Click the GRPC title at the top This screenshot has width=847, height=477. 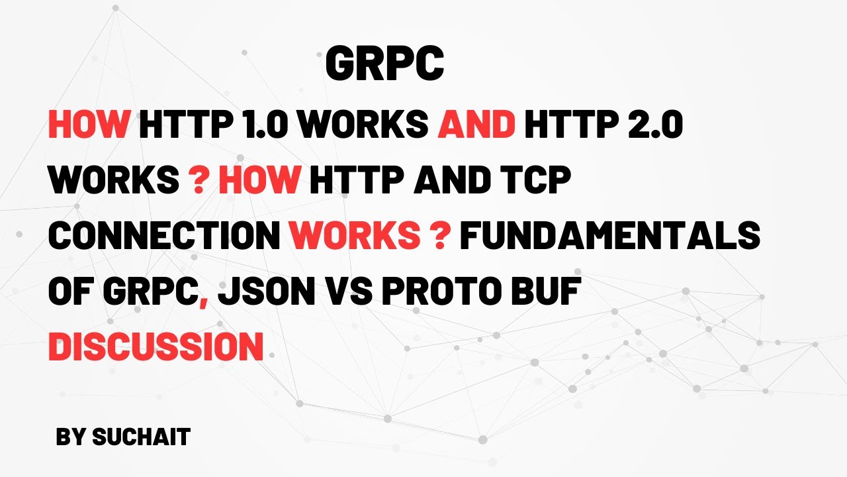click(384, 65)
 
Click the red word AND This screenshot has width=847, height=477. click(476, 125)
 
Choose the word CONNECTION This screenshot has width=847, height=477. click(164, 237)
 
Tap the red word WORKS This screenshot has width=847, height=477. click(353, 237)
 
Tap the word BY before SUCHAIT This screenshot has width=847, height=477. click(71, 437)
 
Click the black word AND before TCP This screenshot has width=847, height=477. click(445, 181)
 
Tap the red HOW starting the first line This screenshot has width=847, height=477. click(89, 125)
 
